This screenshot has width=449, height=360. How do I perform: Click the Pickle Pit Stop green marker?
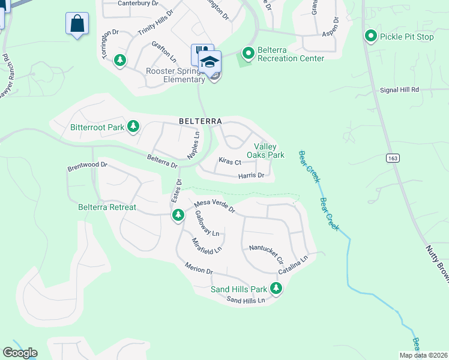(371, 37)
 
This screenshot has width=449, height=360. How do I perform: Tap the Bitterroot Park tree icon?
(133, 127)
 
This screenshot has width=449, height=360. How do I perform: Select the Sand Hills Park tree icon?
(276, 289)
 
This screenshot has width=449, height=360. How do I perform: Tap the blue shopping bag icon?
(77, 25)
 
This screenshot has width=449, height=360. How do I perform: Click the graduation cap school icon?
(210, 62)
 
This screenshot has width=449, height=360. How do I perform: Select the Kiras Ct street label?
(229, 162)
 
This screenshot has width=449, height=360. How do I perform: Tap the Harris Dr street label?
(251, 176)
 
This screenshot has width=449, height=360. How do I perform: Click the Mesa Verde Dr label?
(214, 208)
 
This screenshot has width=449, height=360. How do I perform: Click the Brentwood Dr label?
(87, 164)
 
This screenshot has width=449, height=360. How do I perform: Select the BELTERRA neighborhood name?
(200, 121)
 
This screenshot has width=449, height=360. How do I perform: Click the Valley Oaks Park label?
(268, 151)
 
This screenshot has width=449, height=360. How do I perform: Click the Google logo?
(20, 353)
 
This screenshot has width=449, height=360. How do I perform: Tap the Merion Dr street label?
(199, 268)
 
